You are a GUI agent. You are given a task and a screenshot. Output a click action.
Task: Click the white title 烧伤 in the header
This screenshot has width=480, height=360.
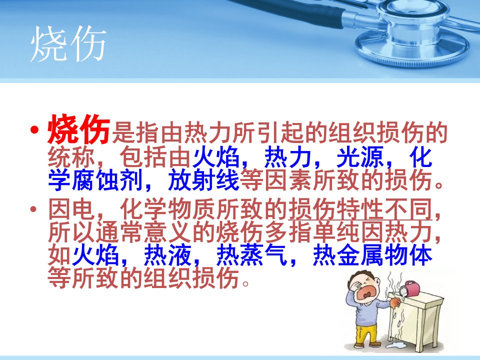pyautogui.click(x=68, y=43)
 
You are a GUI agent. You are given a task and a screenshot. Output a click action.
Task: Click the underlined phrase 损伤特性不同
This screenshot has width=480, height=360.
pyautogui.click(x=360, y=209)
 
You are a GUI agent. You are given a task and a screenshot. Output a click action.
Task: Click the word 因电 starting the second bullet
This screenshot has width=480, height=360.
pyautogui.click(x=71, y=209)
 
